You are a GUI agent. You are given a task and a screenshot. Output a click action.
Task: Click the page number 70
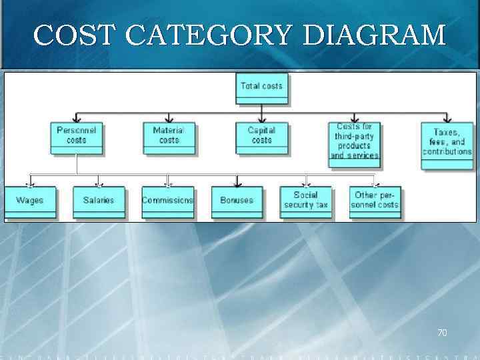click(441, 331)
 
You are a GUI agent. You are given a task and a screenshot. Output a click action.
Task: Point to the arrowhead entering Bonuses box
click(237, 183)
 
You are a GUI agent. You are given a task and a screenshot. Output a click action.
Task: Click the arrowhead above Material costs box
click(169, 118)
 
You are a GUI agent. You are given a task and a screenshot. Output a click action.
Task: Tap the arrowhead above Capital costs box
click(262, 118)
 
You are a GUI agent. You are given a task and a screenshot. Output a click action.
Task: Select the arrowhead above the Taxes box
click(447, 118)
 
